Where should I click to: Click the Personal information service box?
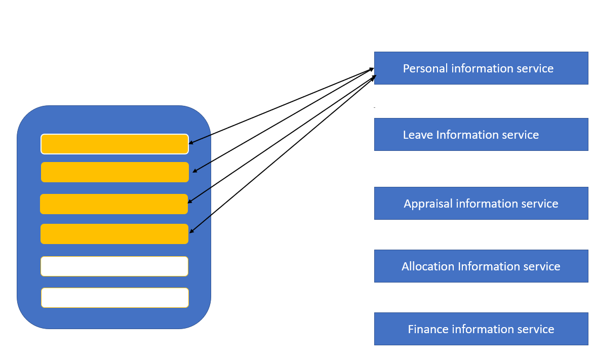click(x=481, y=68)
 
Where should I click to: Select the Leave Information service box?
click(x=481, y=134)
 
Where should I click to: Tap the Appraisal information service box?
click(x=481, y=203)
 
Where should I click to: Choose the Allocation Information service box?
click(x=481, y=266)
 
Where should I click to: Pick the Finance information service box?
click(x=481, y=329)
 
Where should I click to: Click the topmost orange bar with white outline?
click(x=114, y=144)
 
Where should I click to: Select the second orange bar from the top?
click(x=114, y=172)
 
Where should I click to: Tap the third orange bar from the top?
click(x=114, y=204)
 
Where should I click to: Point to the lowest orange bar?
click(x=114, y=234)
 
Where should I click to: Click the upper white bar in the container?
click(x=114, y=266)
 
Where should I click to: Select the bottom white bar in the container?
click(x=115, y=298)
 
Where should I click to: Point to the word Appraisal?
click(x=428, y=204)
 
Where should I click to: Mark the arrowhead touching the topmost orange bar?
click(x=191, y=143)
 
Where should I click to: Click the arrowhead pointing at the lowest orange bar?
click(x=192, y=231)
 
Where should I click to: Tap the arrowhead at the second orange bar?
click(x=195, y=171)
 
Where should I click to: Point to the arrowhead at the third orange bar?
click(x=190, y=202)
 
